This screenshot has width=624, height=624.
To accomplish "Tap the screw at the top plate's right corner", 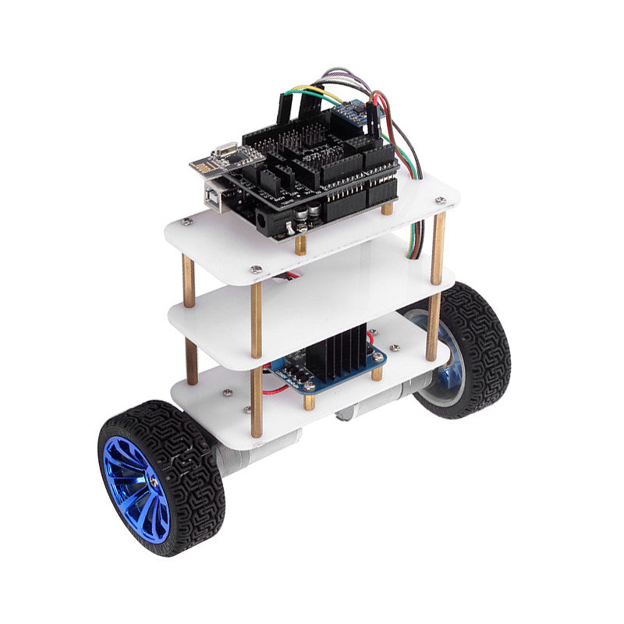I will [x=441, y=200].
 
